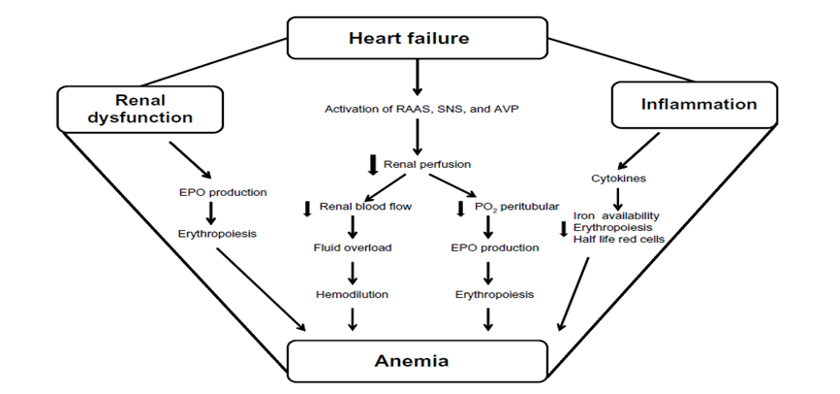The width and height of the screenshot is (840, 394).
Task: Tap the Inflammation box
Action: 683,103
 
